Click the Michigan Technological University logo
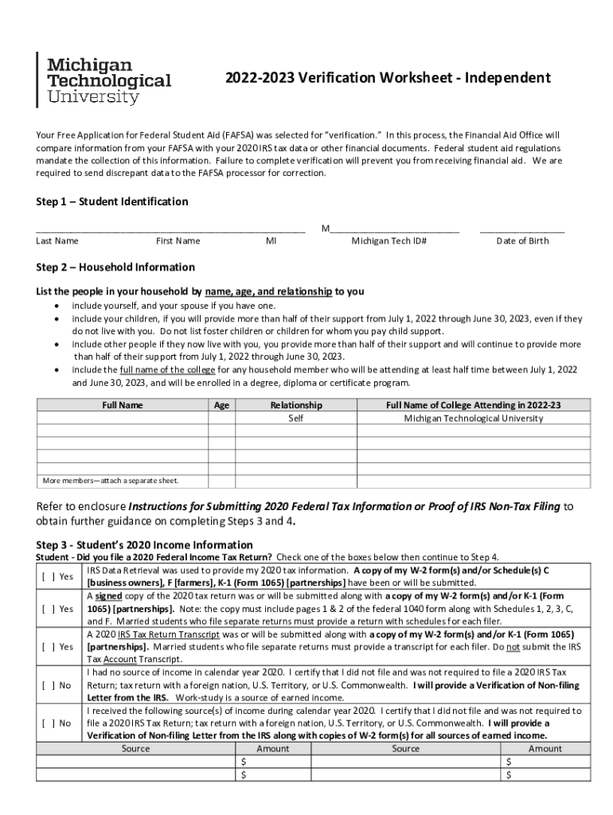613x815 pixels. pos(103,80)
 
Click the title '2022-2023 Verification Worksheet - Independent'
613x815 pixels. pos(387,78)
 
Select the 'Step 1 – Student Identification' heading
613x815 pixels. pos(112,201)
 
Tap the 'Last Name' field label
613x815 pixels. pos(57,240)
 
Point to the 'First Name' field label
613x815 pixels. pos(178,240)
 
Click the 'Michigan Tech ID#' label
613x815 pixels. pos(389,240)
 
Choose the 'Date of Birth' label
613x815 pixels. pos(522,240)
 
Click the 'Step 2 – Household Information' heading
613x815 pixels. pos(115,267)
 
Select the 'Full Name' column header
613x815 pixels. pos(123,405)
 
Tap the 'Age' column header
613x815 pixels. pos(222,405)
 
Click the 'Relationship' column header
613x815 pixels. pos(296,405)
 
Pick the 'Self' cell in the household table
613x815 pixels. pos(296,418)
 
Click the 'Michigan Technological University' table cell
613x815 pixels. pos(473,418)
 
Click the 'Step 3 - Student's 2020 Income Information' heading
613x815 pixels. pos(145,544)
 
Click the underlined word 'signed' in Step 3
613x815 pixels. pos(107,596)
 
